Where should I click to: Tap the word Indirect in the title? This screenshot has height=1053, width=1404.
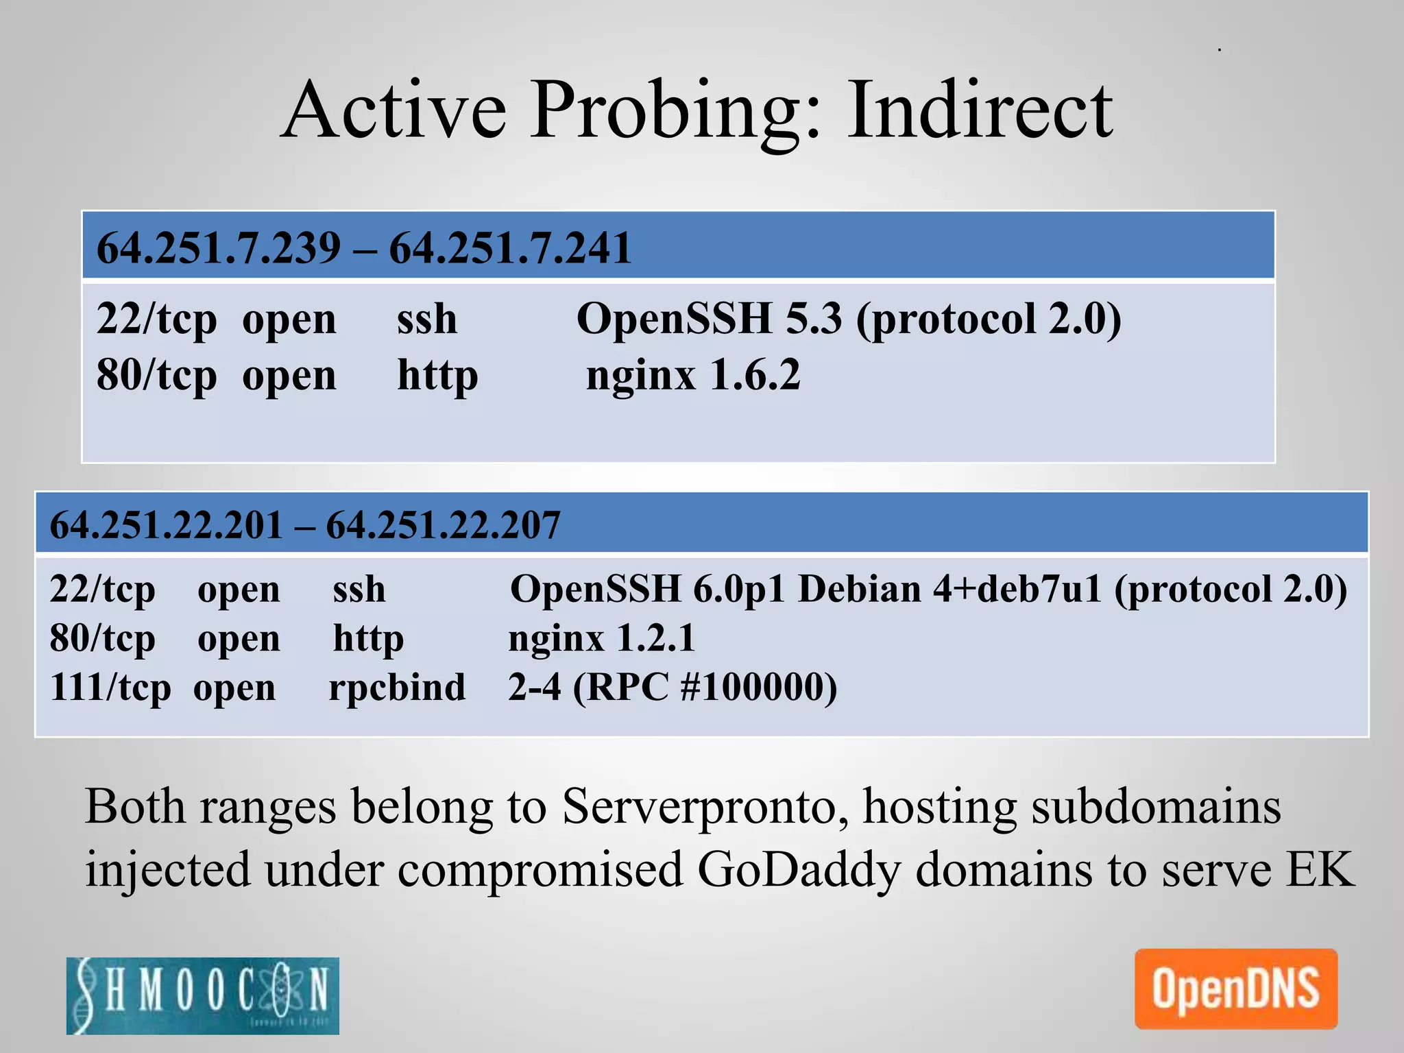pyautogui.click(x=980, y=110)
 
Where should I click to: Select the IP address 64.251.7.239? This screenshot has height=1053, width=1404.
pyautogui.click(x=219, y=248)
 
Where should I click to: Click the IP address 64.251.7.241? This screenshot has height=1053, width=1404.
pyautogui.click(x=510, y=248)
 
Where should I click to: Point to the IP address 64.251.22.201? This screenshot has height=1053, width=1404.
pyautogui.click(x=166, y=526)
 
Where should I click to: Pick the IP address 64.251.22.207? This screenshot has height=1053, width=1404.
pyautogui.click(x=443, y=526)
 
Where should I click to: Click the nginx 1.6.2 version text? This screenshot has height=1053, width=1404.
pyautogui.click(x=693, y=376)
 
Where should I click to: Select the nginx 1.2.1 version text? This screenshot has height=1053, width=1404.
pyautogui.click(x=601, y=638)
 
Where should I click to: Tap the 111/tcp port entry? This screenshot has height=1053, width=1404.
pyautogui.click(x=110, y=688)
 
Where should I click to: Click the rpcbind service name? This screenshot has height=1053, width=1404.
pyautogui.click(x=397, y=688)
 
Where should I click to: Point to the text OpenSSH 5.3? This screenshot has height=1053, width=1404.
pyautogui.click(x=709, y=319)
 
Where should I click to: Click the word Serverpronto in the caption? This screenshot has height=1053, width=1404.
pyautogui.click(x=706, y=806)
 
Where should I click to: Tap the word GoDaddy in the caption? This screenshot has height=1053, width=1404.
pyautogui.click(x=798, y=869)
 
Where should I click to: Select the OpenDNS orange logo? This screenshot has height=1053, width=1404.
pyautogui.click(x=1235, y=989)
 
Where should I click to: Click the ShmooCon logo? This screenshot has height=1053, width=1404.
pyautogui.click(x=203, y=995)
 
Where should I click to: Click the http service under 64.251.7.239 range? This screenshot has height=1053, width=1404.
pyautogui.click(x=437, y=376)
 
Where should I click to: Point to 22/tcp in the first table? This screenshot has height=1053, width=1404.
pyautogui.click(x=156, y=319)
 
